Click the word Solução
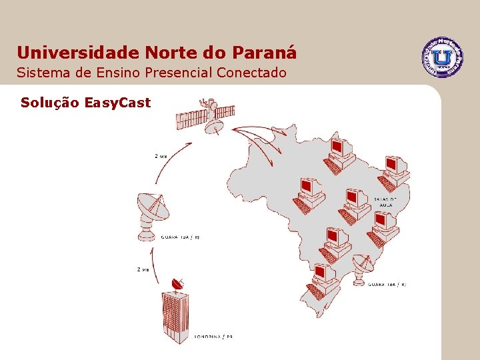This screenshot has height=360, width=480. click(50, 103)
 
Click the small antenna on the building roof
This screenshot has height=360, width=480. click(177, 285)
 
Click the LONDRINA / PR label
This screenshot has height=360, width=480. click(213, 337)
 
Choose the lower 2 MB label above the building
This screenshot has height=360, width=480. click(143, 270)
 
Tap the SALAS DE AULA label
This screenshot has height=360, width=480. click(385, 202)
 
